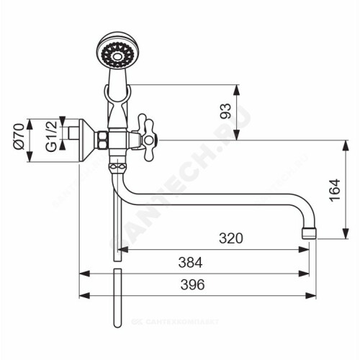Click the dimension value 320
click(x=231, y=238)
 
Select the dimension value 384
click(x=190, y=262)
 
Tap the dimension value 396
click(x=192, y=284)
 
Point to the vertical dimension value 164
click(x=335, y=190)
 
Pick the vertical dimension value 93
click(x=225, y=111)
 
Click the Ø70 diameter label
click(x=19, y=136)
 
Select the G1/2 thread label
click(x=51, y=136)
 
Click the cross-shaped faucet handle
click(x=147, y=138)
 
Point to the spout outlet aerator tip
click(x=309, y=233)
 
